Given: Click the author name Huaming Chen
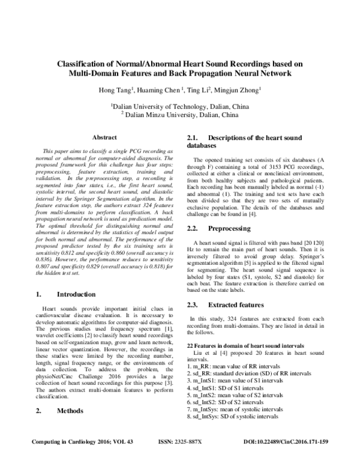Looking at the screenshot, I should pyautogui.click(x=154, y=90).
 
